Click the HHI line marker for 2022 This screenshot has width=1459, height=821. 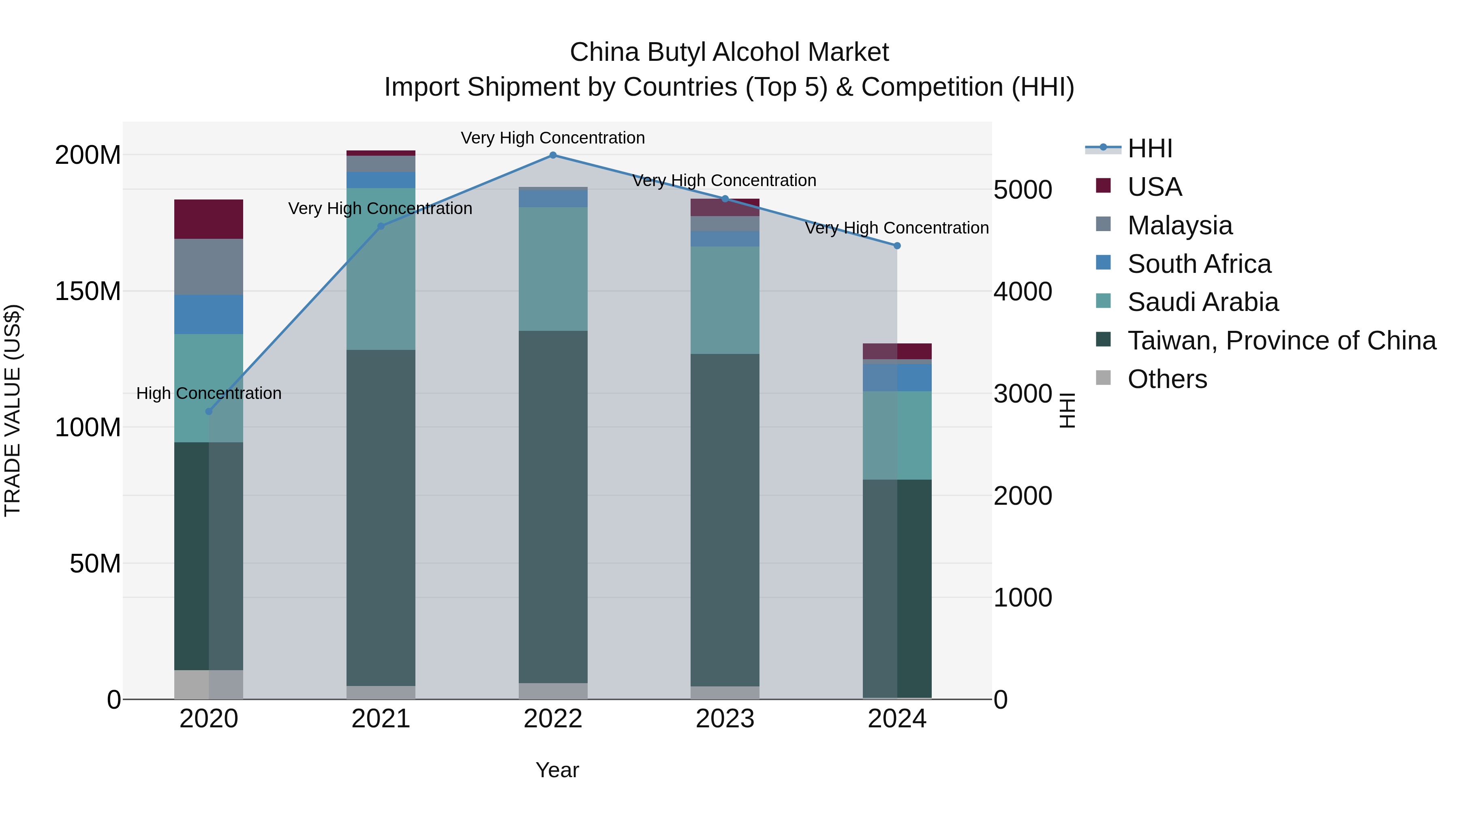point(553,155)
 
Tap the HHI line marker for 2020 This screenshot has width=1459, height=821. point(209,412)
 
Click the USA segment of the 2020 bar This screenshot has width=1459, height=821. point(208,219)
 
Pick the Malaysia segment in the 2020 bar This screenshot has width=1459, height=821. point(208,267)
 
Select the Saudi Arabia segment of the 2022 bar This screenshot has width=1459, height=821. point(553,269)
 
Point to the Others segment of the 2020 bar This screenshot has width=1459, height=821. point(208,684)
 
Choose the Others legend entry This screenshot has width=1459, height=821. point(1167,379)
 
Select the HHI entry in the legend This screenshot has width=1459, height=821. point(1149,148)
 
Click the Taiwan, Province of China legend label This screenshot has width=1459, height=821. point(1281,341)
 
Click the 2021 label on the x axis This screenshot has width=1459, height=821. point(381,719)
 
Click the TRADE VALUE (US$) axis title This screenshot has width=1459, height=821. point(13,410)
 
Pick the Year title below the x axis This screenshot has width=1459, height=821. point(557,770)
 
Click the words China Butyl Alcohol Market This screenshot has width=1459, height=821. point(729,52)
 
